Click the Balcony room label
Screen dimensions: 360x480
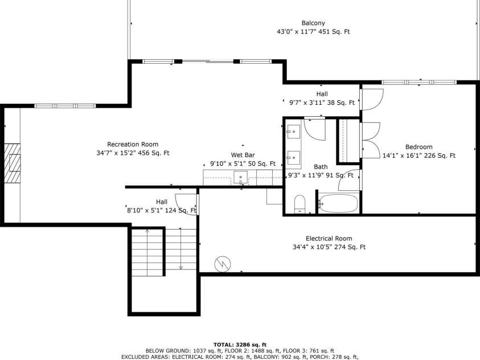coord(313,23)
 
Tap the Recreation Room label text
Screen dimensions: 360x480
coord(133,144)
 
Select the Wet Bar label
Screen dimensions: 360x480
coord(242,154)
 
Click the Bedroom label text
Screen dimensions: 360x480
coord(419,146)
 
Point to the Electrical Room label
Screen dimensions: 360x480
coord(329,238)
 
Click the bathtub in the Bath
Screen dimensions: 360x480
coord(338,203)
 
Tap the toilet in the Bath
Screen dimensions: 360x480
coord(300,204)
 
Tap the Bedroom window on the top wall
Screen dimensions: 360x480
coord(419,82)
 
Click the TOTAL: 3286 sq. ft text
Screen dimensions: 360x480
coord(240,345)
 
